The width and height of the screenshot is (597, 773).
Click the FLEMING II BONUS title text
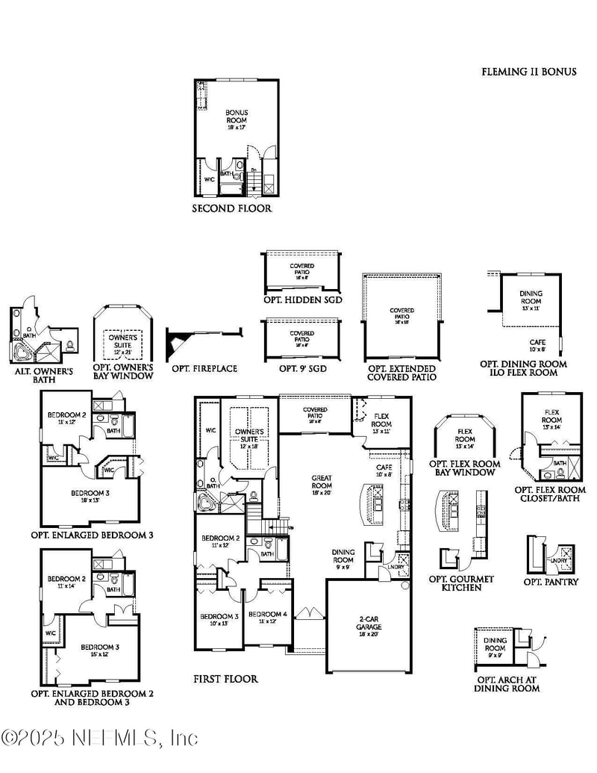click(x=528, y=72)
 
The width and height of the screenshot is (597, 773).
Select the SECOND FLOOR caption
click(x=232, y=208)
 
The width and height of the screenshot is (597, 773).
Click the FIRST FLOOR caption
click(x=225, y=679)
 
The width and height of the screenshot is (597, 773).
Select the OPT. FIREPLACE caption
click(x=204, y=368)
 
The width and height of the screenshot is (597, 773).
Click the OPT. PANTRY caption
click(x=551, y=582)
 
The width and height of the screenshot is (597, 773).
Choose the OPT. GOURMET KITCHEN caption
click(x=461, y=583)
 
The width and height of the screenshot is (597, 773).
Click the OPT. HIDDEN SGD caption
click(x=302, y=299)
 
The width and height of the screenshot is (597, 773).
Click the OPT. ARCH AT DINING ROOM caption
click(x=507, y=683)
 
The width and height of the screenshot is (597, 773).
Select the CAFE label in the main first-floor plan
click(x=384, y=470)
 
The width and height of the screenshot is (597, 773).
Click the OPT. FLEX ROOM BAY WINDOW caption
click(x=465, y=468)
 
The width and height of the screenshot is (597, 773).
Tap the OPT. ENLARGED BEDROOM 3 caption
click(x=92, y=535)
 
